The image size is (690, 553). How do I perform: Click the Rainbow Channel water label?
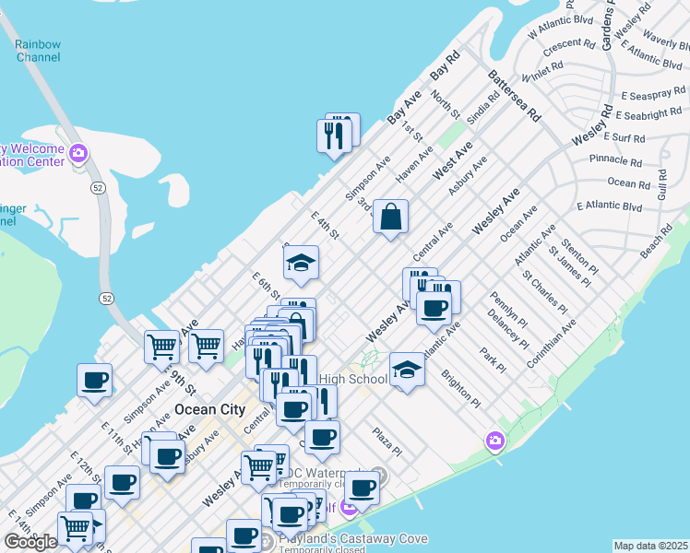(38, 51)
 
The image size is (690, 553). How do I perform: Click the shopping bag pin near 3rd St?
(391, 218)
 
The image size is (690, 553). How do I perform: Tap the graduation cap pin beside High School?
(407, 371)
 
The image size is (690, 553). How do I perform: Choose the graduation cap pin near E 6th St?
(301, 264)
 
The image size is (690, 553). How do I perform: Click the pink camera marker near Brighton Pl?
(495, 441)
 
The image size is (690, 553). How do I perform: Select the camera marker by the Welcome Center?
(78, 153)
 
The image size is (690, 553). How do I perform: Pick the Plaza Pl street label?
(387, 441)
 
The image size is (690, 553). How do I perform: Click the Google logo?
(30, 541)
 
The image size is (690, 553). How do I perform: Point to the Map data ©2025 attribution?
(650, 546)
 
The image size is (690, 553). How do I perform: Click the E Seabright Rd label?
(652, 115)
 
